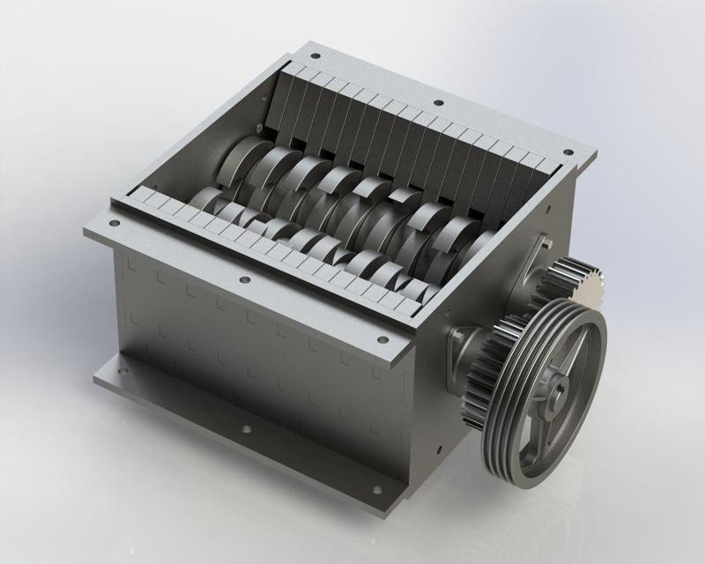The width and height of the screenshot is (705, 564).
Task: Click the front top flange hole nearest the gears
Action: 380,339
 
